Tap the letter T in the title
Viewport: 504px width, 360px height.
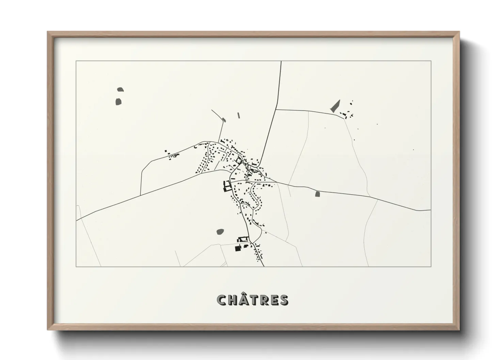pos(250,300)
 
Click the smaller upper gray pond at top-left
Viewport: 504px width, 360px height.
pos(120,90)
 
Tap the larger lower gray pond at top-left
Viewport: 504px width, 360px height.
pos(119,101)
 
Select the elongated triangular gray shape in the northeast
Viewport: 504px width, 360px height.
pos(335,107)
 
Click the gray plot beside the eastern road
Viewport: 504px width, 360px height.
pos(317,194)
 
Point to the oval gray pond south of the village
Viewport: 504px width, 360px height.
pos(220,232)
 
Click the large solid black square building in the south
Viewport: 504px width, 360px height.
pos(237,248)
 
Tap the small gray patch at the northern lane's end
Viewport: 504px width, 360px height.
pos(224,119)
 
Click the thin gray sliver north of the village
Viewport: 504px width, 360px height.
pos(239,115)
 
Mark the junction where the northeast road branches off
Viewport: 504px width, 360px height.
pos(276,110)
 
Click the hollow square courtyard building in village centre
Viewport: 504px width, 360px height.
pos(239,160)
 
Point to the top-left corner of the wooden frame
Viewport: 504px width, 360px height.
pos(48,32)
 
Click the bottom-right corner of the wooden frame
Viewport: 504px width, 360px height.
pos(459,330)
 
